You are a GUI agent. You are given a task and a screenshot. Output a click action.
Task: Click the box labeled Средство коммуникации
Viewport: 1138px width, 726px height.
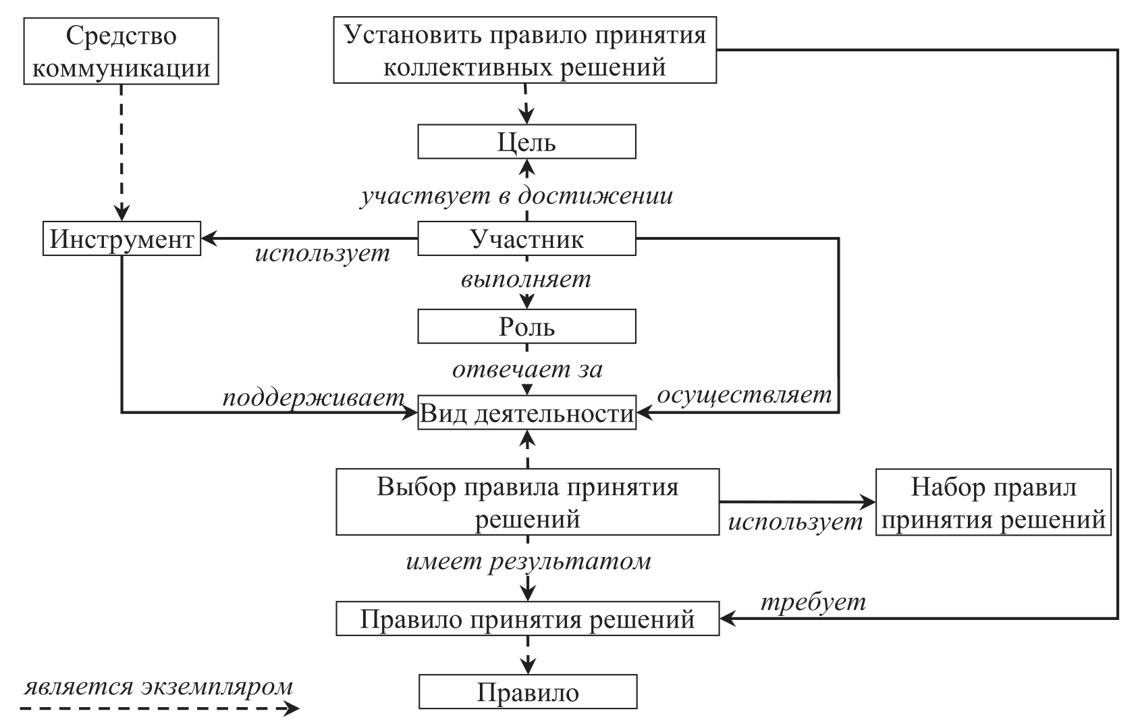121,51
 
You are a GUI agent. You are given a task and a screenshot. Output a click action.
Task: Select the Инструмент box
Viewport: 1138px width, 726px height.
122,239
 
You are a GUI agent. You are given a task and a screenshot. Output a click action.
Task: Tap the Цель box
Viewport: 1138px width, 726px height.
526,142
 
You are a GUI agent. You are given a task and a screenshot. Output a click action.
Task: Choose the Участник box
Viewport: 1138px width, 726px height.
526,239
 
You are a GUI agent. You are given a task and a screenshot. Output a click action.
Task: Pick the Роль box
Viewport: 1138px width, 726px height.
526,327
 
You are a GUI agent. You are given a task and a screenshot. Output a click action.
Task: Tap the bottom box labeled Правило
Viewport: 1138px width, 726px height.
527,692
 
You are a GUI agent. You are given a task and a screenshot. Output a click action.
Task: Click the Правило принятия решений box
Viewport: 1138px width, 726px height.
527,619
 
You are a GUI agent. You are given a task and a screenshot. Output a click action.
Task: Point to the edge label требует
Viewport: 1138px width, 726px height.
813,601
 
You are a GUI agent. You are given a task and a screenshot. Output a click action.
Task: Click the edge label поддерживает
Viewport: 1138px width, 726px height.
313,397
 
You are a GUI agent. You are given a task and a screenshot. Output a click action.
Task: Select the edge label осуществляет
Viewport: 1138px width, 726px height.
745,394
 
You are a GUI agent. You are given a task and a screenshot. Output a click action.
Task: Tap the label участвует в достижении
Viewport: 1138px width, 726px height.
516,196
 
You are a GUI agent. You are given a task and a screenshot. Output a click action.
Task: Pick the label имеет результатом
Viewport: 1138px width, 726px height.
529,561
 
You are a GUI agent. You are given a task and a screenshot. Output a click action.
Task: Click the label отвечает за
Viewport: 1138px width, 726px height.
527,369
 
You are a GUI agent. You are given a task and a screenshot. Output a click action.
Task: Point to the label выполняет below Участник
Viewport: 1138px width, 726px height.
526,279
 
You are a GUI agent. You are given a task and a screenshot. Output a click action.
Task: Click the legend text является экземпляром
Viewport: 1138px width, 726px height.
159,686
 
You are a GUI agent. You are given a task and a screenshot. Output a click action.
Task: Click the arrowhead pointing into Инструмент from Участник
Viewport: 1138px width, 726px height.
209,238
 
